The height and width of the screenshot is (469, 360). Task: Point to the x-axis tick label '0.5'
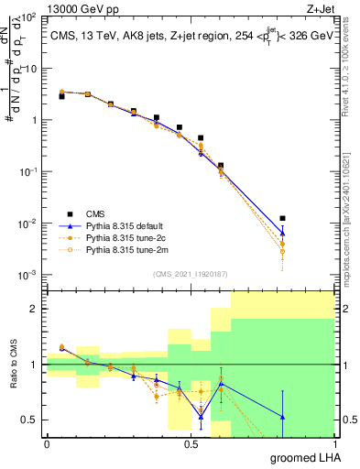191,443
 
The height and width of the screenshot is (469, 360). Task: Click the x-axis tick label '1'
335,443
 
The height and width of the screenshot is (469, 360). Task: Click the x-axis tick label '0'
47,443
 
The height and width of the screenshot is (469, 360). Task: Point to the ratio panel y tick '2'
35,309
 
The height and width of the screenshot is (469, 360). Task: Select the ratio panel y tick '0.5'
31,420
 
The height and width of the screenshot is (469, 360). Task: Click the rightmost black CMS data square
283,218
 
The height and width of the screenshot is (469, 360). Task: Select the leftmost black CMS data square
61,95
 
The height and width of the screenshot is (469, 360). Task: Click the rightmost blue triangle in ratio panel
283,417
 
